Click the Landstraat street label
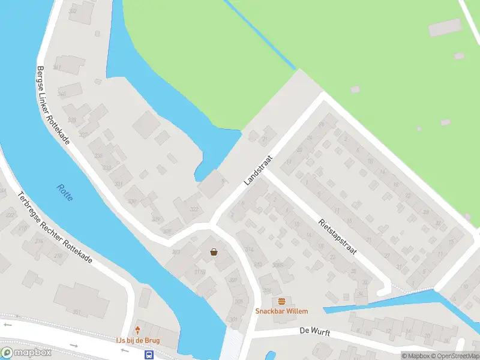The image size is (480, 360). pos(259,170)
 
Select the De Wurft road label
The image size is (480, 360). pos(316,332)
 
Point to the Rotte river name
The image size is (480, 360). pos(65,193)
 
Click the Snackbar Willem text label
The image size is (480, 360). pos(281,311)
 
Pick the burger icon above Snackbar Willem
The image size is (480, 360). pos(281,301)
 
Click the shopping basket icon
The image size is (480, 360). pos(214,252)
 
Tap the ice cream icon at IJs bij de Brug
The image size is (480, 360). pos(138,330)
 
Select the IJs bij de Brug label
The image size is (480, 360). pos(138,340)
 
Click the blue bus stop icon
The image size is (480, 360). pos(148,355)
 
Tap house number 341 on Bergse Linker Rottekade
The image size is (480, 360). pos(58,67)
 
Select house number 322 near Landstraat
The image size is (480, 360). pos(194,209)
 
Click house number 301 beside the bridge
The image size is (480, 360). pos(234,319)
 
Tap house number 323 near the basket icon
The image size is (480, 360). pos(176,253)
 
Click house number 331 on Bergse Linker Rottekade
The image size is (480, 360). pos(119,184)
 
